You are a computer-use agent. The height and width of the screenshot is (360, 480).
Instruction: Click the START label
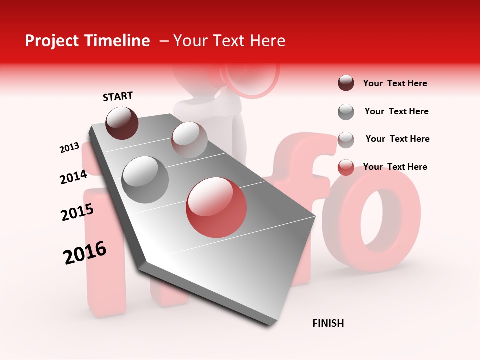tap(118, 96)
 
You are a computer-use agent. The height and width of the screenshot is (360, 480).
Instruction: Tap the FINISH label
tap(328, 323)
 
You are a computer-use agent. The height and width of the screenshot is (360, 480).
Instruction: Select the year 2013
tap(69, 148)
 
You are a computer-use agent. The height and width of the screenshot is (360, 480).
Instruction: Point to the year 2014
tap(73, 177)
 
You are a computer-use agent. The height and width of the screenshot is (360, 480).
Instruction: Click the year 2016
tap(85, 253)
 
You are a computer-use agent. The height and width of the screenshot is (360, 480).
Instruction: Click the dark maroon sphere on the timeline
tap(122, 123)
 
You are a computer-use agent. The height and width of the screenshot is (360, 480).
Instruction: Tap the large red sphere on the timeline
tap(216, 207)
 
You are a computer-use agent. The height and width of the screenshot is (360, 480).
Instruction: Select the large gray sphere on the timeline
tap(145, 179)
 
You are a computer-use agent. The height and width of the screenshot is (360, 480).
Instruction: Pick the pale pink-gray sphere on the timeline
tap(189, 139)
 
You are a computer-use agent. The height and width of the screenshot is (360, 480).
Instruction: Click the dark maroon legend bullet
tap(346, 83)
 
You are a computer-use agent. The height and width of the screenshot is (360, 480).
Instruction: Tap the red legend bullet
tap(346, 167)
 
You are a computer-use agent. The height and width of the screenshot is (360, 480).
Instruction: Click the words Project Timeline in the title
tap(87, 41)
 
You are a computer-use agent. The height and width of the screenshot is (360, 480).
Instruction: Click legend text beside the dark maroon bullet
tap(395, 83)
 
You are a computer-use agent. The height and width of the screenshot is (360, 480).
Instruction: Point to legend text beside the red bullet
tap(395, 167)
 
